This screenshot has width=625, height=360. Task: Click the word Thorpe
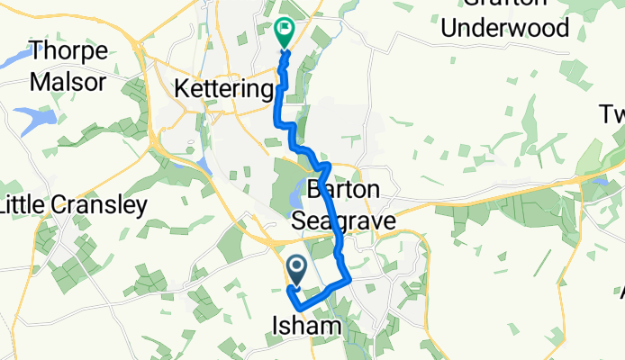click(x=68, y=50)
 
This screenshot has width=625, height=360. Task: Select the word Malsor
click(x=68, y=82)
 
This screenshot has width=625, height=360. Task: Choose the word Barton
click(x=345, y=190)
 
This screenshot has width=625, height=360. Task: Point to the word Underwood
click(x=512, y=27)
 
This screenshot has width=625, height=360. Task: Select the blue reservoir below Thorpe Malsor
click(x=32, y=118)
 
